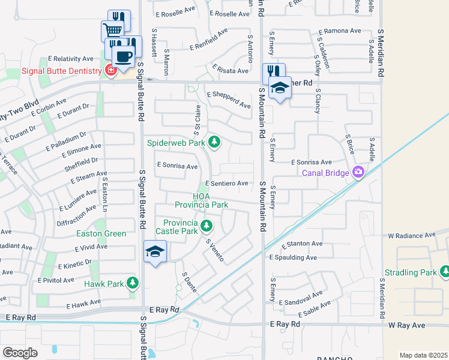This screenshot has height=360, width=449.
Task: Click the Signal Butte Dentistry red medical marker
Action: click(x=110, y=71)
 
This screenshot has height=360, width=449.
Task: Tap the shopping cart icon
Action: click(x=112, y=30)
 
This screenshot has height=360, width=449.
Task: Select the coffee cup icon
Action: click(x=123, y=57)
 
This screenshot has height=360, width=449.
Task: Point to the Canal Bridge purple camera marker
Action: click(x=358, y=173)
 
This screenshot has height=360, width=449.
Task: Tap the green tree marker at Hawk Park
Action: click(x=133, y=283)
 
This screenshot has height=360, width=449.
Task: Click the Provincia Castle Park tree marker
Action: click(x=206, y=226)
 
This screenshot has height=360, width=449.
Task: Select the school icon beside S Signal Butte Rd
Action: click(x=155, y=252)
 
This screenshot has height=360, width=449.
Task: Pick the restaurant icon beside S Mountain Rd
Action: click(x=274, y=73)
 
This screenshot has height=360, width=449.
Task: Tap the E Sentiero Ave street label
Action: click(x=226, y=183)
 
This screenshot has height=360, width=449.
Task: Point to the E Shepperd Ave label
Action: click(x=229, y=100)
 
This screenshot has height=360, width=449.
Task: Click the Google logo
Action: click(x=20, y=352)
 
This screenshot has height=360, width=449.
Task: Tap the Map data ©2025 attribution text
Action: click(x=423, y=355)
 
